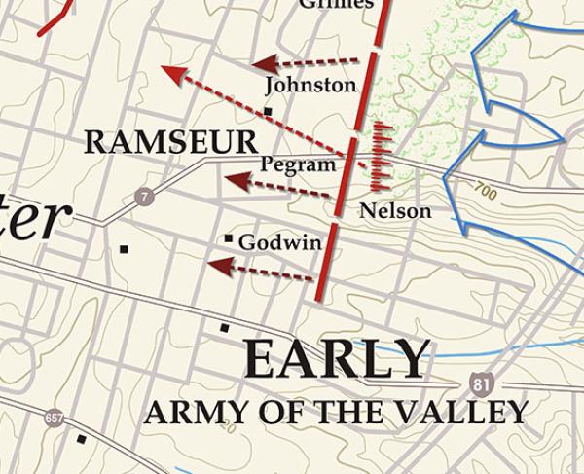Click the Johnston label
point(310,86)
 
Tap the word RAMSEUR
point(170,142)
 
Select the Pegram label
point(298,164)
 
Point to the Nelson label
point(394,210)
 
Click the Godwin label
point(279,242)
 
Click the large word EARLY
point(336,359)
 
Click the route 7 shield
point(145,197)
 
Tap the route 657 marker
point(54,418)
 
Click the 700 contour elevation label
point(487,194)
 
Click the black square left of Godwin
point(229,237)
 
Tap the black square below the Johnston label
point(268,112)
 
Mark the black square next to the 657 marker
point(81,439)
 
